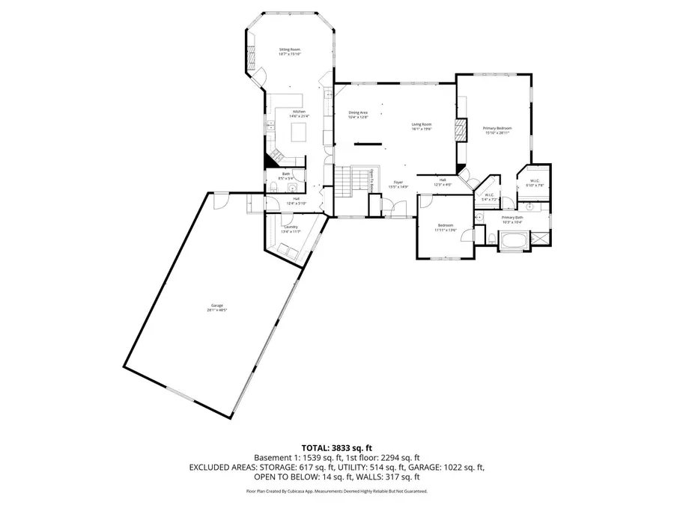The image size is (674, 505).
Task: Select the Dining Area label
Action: coord(358,114)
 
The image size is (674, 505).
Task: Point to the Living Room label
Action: coord(422,126)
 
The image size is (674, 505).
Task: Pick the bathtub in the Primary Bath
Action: coord(514,241)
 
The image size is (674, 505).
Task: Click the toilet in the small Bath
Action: coord(296,188)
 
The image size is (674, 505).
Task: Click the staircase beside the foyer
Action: coord(343,182)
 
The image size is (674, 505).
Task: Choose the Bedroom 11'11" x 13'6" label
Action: coord(446,227)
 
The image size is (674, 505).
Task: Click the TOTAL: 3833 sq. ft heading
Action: coord(336,446)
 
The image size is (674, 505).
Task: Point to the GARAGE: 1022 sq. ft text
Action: coord(450,467)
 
